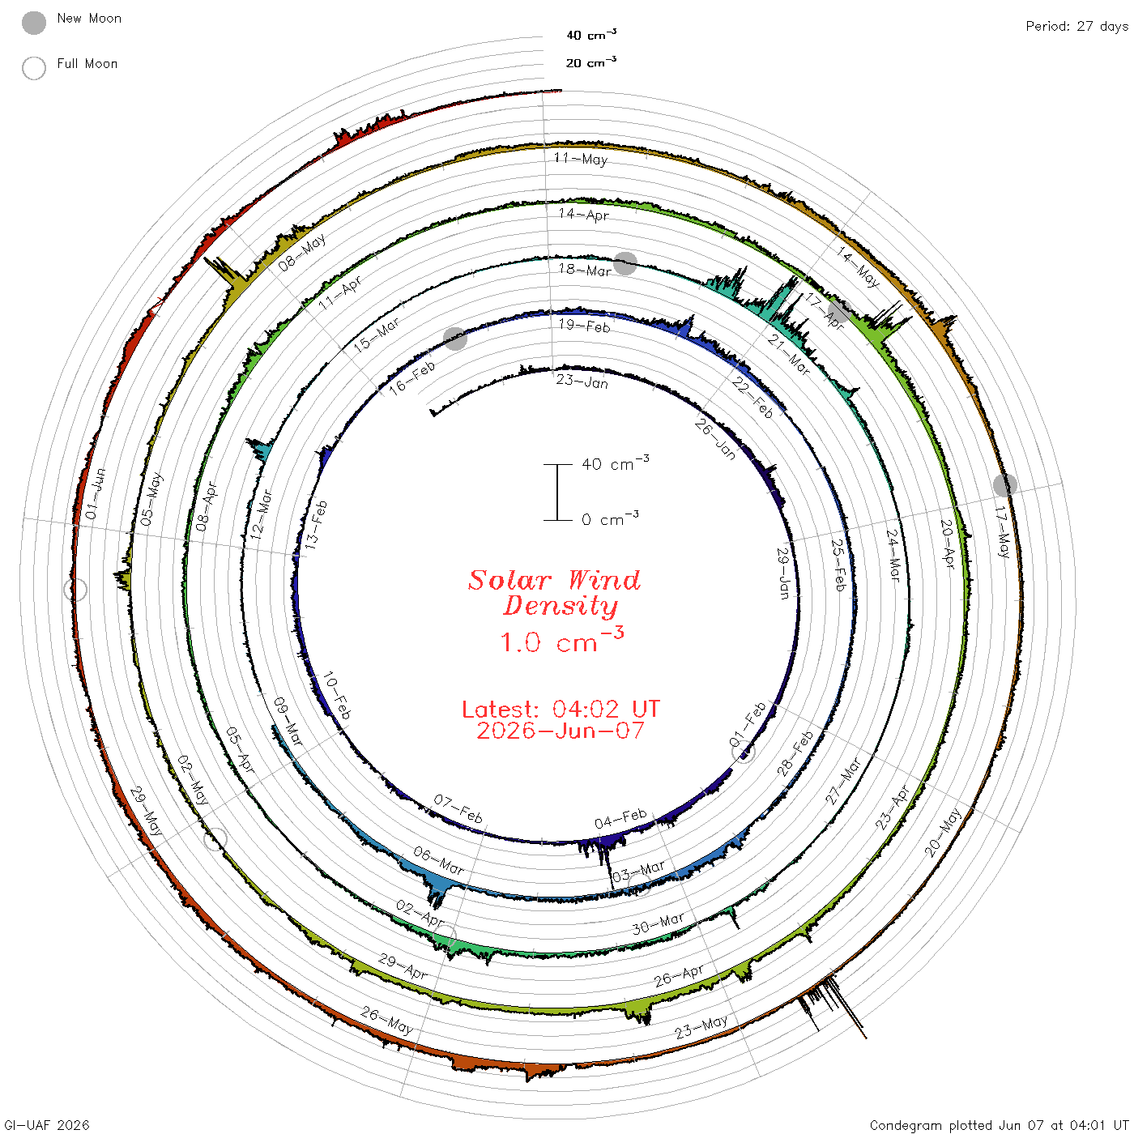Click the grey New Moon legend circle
[x=34, y=23]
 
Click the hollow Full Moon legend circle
[x=34, y=68]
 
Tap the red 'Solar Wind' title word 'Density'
[x=561, y=606]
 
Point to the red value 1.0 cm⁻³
[x=561, y=640]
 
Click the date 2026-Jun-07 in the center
[x=561, y=731]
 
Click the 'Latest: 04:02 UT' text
[x=561, y=709]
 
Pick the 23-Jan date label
[x=582, y=382]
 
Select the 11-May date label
[x=581, y=159]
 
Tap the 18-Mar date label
[x=584, y=270]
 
